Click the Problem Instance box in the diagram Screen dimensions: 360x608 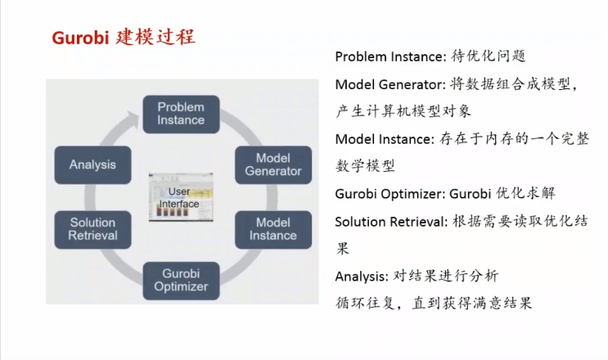tap(181, 114)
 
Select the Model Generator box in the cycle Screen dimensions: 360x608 tap(272, 164)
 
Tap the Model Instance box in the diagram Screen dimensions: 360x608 tap(272, 229)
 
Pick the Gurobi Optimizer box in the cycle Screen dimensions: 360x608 tap(181, 279)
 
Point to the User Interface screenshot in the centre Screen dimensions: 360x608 tap(179, 197)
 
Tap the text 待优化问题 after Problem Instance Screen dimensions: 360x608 tap(488, 56)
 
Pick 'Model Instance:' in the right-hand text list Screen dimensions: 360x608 tap(382, 139)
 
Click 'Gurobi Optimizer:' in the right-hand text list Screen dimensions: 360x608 tap(388, 194)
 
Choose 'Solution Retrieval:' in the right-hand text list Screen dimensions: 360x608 tap(387, 221)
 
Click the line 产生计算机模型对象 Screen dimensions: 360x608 tap(403, 110)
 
